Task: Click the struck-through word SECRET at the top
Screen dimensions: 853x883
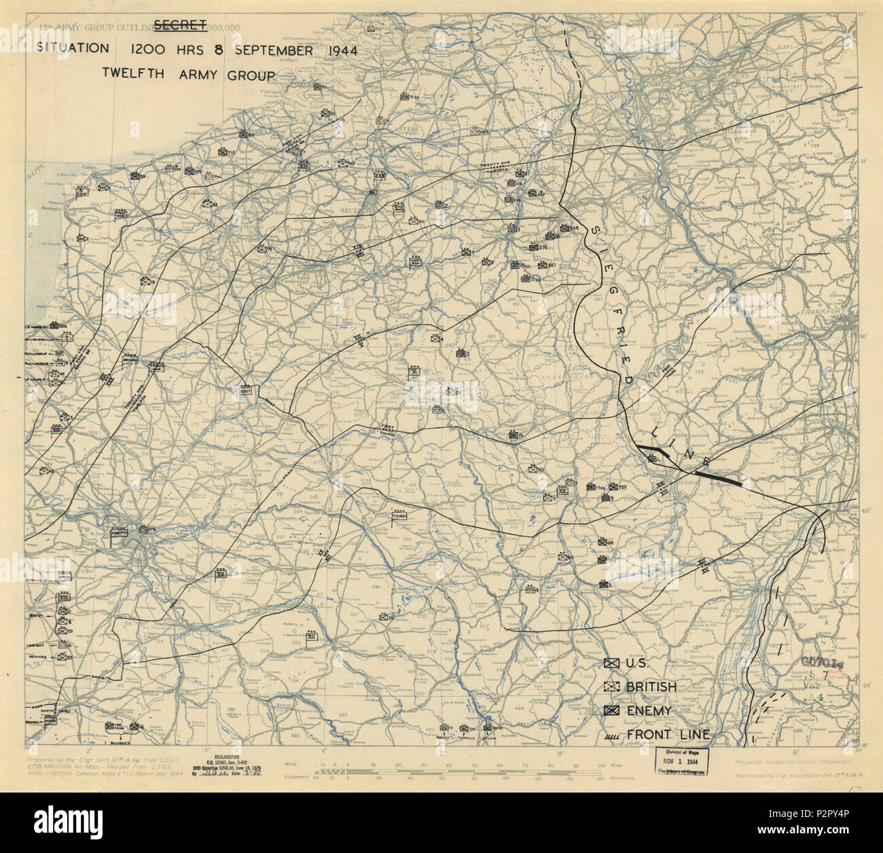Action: (180, 26)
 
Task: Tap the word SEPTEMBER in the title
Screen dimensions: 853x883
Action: (275, 50)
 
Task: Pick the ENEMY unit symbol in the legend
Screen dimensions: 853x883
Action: (611, 710)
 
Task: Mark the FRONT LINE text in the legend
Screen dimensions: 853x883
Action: (668, 734)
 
